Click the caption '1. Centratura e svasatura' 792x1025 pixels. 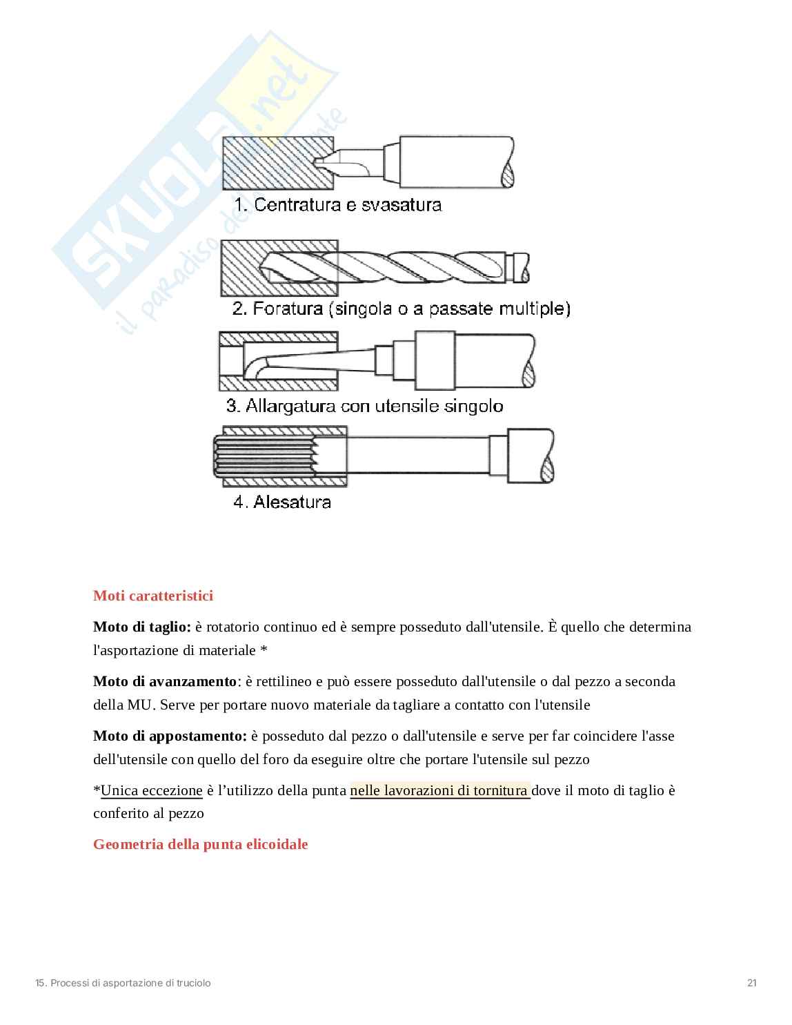337,205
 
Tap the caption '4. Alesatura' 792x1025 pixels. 282,502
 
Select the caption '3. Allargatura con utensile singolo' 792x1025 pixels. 365,406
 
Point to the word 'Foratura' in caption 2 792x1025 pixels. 288,309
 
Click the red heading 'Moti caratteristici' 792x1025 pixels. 153,596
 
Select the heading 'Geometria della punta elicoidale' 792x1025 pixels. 201,844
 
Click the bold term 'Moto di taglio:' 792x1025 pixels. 142,627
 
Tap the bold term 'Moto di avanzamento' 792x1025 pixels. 165,681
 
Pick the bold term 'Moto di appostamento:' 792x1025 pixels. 170,736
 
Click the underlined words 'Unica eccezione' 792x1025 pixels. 152,790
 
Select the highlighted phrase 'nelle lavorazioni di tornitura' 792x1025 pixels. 439,790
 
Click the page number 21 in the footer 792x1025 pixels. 752,983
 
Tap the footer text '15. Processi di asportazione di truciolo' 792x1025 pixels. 123,983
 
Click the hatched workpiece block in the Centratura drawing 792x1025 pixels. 269,162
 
